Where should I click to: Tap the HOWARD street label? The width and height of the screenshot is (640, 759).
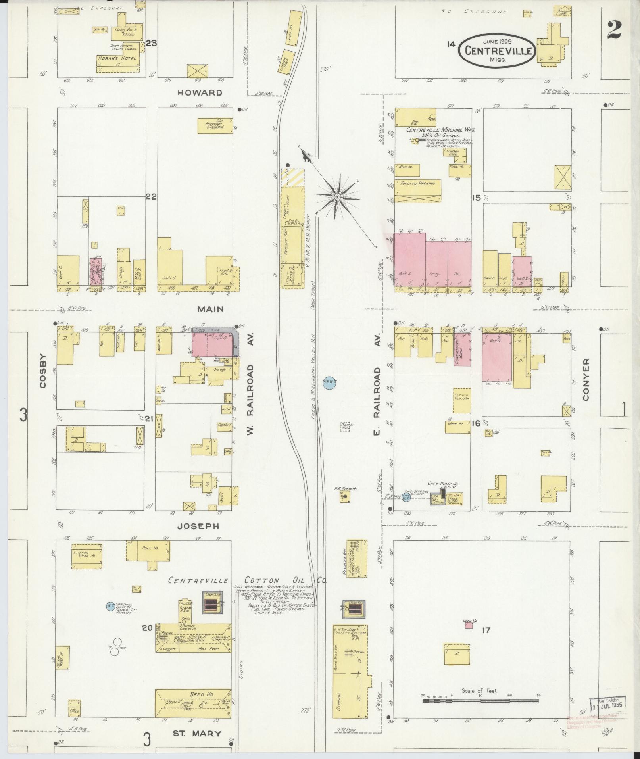click(x=200, y=93)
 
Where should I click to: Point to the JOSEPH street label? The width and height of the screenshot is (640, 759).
click(x=198, y=526)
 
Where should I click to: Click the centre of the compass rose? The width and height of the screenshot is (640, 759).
click(x=337, y=197)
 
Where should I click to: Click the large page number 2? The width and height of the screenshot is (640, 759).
click(x=614, y=30)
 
